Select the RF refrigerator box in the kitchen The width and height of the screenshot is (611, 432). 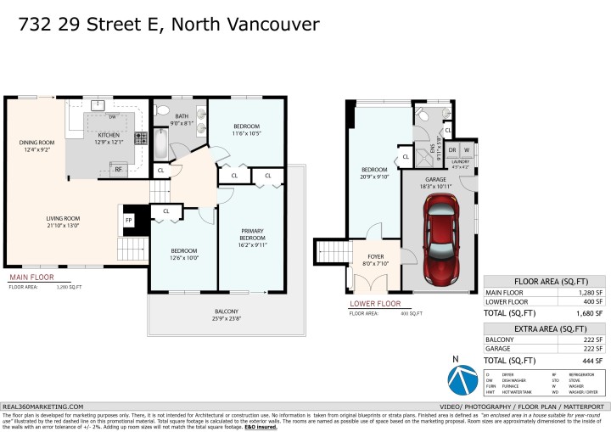(119, 169)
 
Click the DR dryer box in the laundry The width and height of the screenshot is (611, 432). (452, 150)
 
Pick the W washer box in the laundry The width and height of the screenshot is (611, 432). (467, 150)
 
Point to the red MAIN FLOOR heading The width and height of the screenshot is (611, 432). (31, 278)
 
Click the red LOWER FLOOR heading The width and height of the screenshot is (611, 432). (375, 303)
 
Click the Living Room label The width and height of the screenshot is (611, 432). (63, 222)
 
